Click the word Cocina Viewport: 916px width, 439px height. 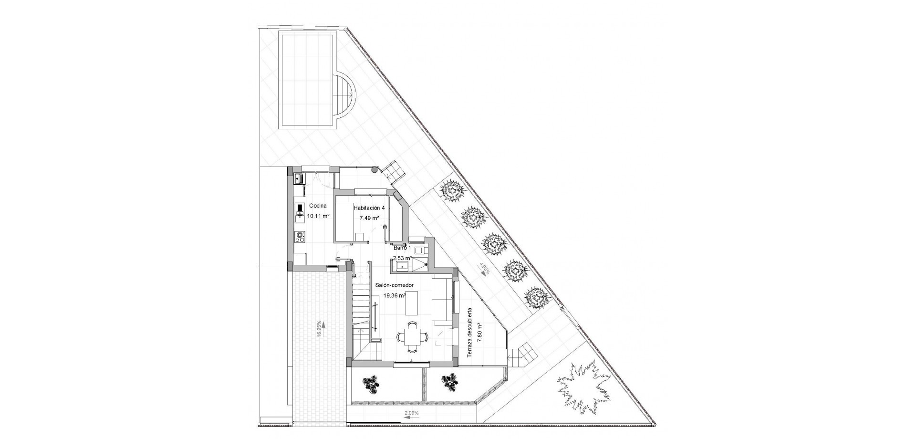[x=318, y=206]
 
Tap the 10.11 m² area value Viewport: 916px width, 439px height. [x=318, y=216]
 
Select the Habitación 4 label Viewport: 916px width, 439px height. [x=369, y=208]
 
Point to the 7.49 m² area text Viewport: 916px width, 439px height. [x=369, y=218]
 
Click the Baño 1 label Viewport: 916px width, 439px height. [x=401, y=248]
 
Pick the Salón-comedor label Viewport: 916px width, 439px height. [x=394, y=285]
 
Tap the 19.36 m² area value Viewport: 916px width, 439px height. [x=395, y=295]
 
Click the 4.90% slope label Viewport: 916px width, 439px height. [x=485, y=269]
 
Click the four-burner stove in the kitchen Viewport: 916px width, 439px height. [x=300, y=235]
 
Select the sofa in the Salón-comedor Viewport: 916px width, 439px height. [x=442, y=300]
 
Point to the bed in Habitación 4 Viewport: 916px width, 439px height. [x=344, y=222]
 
